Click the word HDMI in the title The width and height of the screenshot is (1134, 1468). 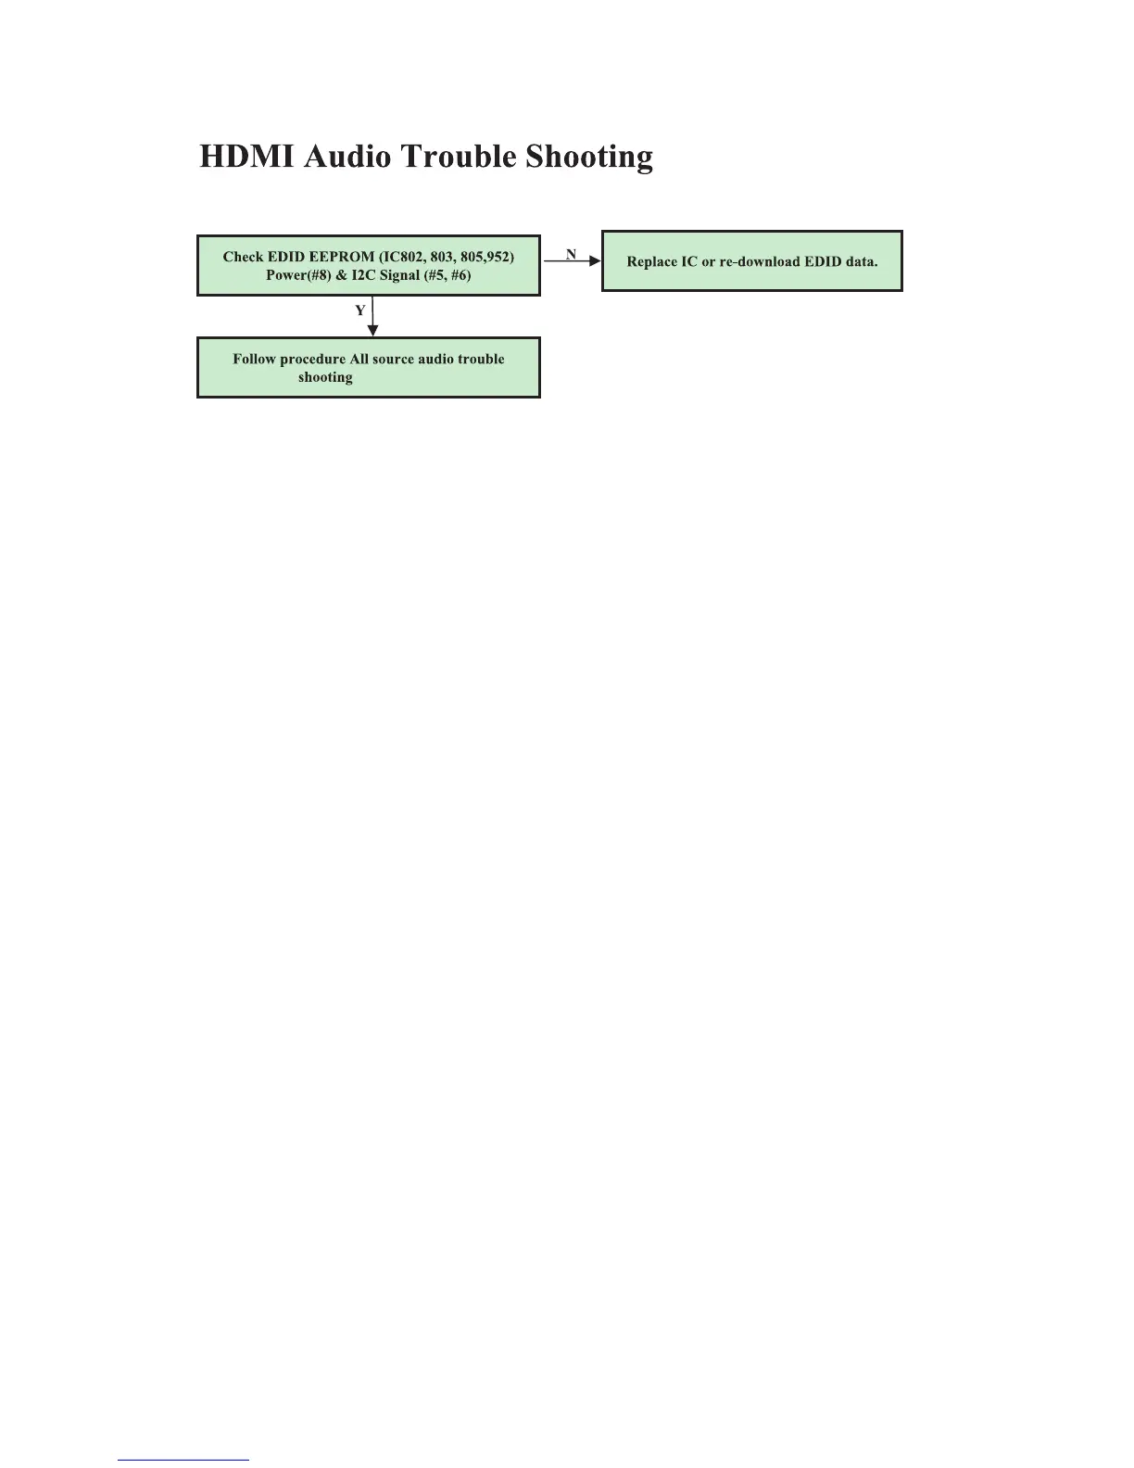pos(246,156)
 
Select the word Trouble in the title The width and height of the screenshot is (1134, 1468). pos(459,156)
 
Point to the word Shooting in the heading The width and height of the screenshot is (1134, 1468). pos(589,156)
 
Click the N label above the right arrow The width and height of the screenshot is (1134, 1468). pos(571,253)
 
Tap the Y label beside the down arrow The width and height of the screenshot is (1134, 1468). pos(360,311)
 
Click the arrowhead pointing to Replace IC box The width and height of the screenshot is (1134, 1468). pos(595,261)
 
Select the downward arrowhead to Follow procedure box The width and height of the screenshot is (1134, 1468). pos(372,330)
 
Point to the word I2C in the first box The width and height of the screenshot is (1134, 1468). pos(364,275)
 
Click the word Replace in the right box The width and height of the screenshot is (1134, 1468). pos(652,261)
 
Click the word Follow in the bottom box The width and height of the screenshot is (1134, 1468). pos(254,359)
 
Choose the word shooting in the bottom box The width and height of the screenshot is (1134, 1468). pos(325,377)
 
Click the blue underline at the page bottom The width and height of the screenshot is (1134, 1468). pos(183,1460)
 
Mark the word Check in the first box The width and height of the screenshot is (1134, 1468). pos(243,257)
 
